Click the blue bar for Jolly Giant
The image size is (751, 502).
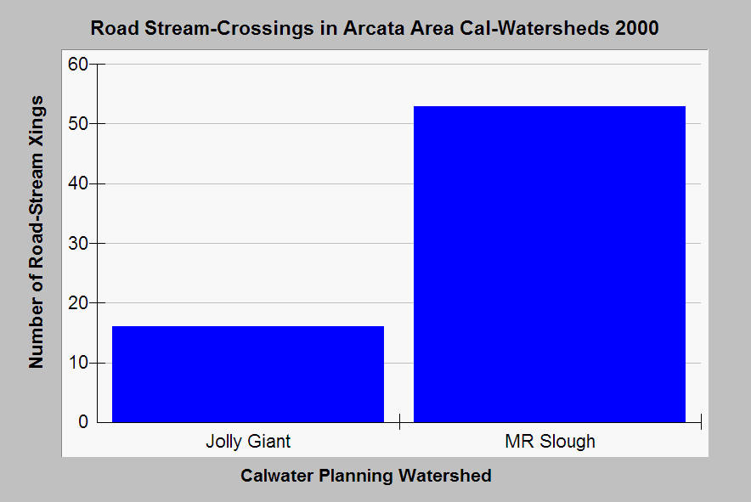click(248, 374)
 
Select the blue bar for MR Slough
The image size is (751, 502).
click(550, 264)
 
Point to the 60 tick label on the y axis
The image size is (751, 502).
click(78, 65)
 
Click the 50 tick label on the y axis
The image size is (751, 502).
click(78, 124)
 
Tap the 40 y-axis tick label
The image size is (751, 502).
click(78, 183)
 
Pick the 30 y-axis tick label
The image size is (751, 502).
click(78, 243)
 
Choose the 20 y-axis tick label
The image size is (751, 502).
click(78, 302)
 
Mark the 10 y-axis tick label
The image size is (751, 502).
click(78, 363)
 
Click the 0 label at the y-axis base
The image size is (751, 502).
click(83, 422)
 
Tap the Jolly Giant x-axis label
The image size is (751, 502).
click(248, 441)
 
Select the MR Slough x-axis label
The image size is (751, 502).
click(550, 441)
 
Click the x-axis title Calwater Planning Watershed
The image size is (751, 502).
click(366, 476)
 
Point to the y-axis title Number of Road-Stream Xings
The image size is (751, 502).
click(37, 232)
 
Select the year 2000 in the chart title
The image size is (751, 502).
click(637, 28)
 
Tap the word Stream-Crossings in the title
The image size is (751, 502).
click(229, 29)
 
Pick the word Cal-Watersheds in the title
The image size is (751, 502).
click(534, 28)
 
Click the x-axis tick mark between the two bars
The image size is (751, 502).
click(399, 422)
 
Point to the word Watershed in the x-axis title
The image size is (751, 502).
click(445, 476)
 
